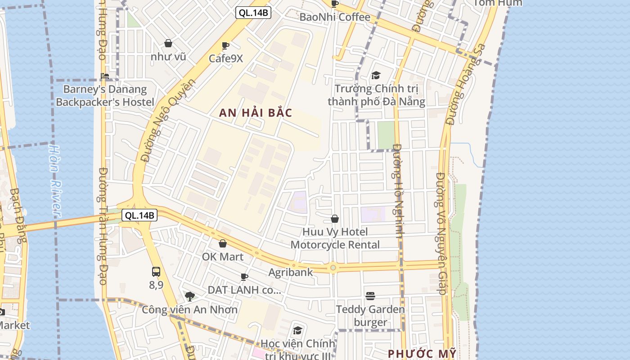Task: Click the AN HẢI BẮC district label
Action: [256, 113]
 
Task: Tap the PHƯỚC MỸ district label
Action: [422, 353]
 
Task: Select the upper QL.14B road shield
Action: [253, 13]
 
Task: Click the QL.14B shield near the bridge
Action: [139, 216]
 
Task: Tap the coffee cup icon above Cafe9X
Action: [225, 45]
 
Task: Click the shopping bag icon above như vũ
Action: [168, 43]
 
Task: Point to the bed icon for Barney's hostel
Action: [105, 76]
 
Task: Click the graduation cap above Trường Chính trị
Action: [376, 75]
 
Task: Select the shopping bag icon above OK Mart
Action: [222, 243]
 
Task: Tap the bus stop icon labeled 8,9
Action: [156, 271]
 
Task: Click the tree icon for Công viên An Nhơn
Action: [190, 296]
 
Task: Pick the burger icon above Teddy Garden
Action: [370, 296]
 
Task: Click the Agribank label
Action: [290, 272]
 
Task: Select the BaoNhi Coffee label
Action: [335, 17]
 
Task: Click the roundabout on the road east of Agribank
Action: [333, 268]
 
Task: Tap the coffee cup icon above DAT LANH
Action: [244, 276]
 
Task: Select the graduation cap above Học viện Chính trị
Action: [297, 331]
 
